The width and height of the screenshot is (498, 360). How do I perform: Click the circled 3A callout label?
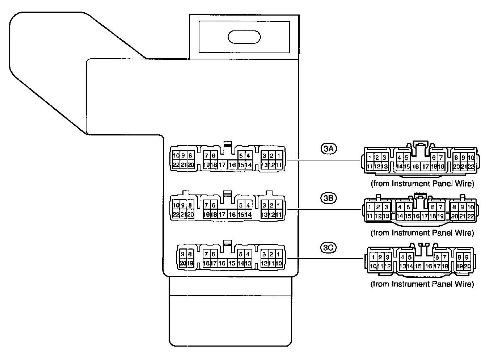tap(329, 148)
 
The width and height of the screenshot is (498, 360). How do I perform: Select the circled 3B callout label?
tap(329, 198)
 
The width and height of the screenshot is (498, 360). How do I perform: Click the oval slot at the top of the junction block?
tap(244, 37)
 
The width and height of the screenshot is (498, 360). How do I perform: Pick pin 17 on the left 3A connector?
tap(223, 165)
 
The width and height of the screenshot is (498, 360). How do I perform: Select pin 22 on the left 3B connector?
tap(176, 214)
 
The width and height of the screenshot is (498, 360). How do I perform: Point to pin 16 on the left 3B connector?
tap(232, 214)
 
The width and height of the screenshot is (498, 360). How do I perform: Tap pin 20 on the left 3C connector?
tap(183, 263)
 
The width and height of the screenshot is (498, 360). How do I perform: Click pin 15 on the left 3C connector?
tap(232, 263)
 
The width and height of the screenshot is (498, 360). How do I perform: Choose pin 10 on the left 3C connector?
tap(279, 263)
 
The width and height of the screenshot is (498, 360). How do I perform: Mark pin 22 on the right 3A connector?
tap(470, 167)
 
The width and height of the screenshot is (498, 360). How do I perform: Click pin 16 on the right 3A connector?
tap(415, 167)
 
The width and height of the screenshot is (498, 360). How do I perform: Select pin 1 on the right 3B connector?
tap(370, 207)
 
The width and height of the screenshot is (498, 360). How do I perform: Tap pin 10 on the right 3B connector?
tap(470, 207)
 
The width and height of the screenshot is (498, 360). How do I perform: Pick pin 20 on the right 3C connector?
tap(467, 266)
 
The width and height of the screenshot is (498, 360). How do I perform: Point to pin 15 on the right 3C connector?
tap(418, 266)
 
